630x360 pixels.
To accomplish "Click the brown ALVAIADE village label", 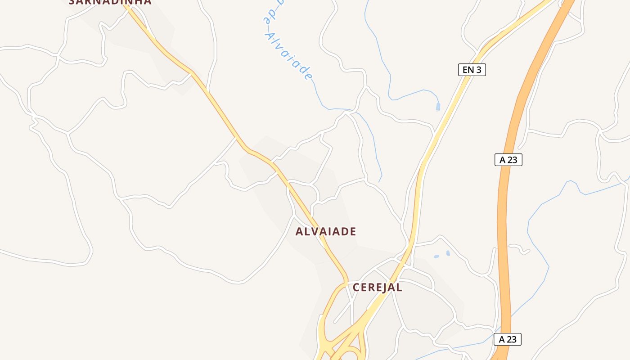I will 325,232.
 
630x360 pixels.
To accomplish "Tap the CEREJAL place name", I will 377,288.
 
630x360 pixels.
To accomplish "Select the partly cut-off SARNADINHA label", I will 110,2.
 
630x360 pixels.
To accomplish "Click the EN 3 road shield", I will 472,70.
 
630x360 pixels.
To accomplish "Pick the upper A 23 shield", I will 508,160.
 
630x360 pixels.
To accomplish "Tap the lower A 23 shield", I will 507,339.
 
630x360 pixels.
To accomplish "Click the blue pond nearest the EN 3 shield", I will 438,107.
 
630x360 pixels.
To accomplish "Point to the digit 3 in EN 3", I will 480,70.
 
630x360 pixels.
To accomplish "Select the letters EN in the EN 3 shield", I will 468,70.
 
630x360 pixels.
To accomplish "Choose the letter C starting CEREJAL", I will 356,288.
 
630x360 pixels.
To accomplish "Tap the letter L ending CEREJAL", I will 399,288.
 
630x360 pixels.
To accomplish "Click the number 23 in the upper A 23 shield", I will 512,160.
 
